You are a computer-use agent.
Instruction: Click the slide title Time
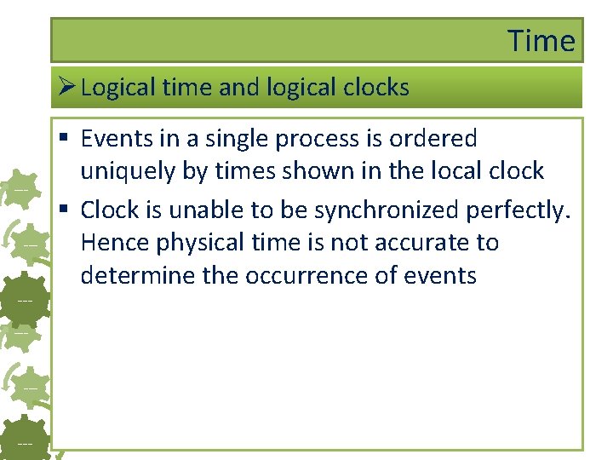point(541,41)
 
